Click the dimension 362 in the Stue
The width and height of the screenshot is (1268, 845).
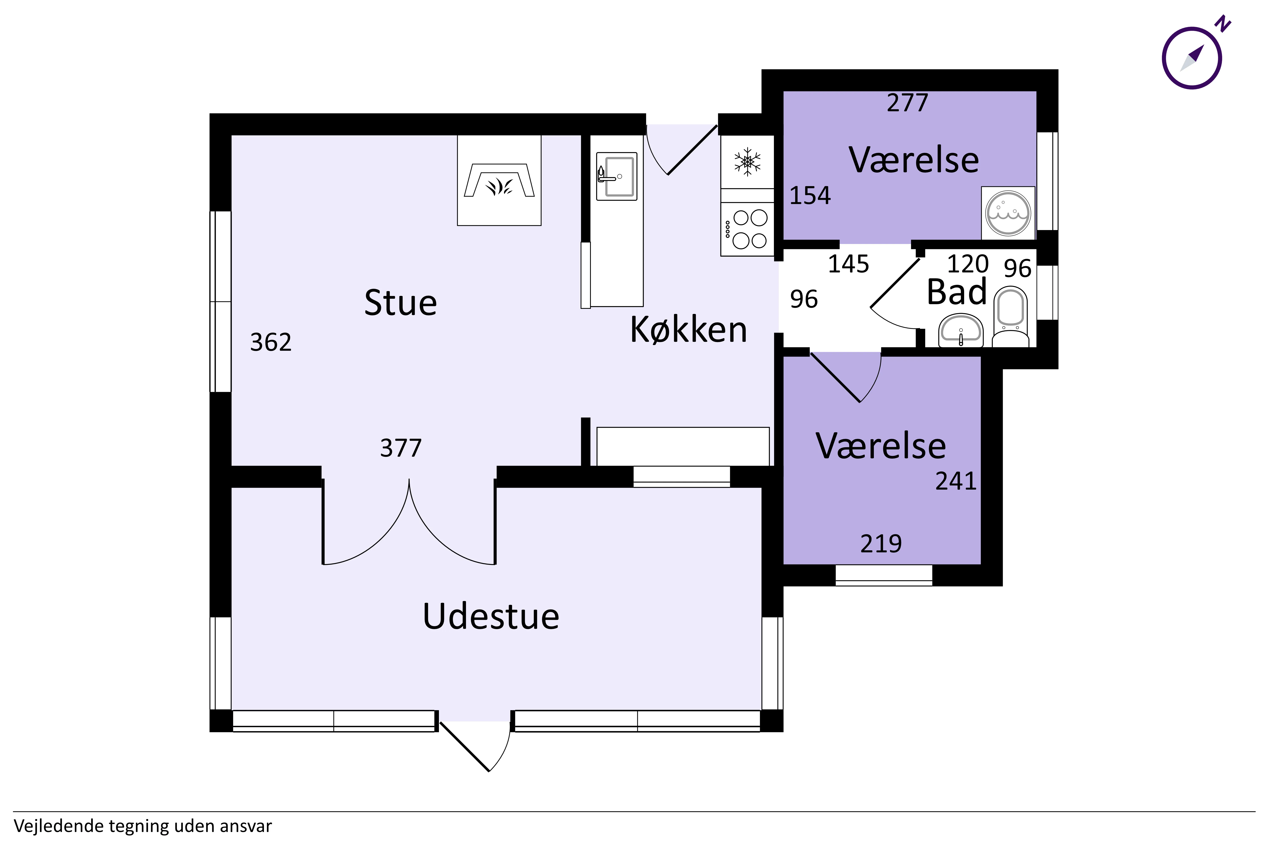[271, 342]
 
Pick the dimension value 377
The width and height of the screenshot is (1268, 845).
[400, 448]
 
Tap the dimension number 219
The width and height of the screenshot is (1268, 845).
[881, 544]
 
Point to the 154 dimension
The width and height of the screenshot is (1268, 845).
[810, 196]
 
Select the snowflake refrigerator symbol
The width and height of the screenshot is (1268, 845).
[747, 162]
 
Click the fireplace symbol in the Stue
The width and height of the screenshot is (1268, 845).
[499, 180]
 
